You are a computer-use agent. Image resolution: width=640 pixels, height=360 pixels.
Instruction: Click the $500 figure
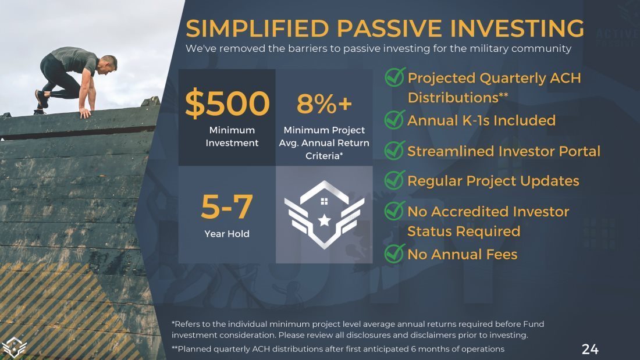pyautogui.click(x=227, y=104)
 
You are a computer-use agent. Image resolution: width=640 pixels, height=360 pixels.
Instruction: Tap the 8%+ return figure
pyautogui.click(x=324, y=104)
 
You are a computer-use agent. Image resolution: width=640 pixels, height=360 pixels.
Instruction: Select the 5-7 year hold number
pyautogui.click(x=226, y=206)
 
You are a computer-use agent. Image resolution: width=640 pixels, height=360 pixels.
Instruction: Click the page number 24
pyautogui.click(x=590, y=350)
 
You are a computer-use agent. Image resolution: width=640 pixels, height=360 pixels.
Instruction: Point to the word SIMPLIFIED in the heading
pyautogui.click(x=257, y=28)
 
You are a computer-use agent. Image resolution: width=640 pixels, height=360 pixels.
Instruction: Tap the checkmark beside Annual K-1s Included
pyautogui.click(x=394, y=120)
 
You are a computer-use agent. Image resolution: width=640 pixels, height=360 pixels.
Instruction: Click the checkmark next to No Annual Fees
pyautogui.click(x=394, y=254)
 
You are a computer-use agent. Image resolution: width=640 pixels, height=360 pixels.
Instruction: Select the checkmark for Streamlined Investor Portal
pyautogui.click(x=394, y=150)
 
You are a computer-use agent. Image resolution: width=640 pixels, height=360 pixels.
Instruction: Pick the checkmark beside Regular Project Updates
pyautogui.click(x=394, y=180)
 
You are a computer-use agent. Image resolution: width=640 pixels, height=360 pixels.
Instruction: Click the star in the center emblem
pyautogui.click(x=325, y=220)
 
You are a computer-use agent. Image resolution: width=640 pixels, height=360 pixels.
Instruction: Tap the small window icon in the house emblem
pyautogui.click(x=325, y=201)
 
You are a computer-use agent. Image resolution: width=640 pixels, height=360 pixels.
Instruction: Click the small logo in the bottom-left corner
pyautogui.click(x=13, y=347)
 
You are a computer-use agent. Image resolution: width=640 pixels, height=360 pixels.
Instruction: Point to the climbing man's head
pyautogui.click(x=109, y=63)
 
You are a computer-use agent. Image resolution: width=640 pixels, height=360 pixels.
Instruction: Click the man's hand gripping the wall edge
pyautogui.click(x=84, y=113)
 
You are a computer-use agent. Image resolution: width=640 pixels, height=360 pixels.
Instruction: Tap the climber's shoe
pyautogui.click(x=41, y=99)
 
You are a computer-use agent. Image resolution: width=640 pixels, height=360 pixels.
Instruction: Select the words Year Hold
pyautogui.click(x=227, y=234)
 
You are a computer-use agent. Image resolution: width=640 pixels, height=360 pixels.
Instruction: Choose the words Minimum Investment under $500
pyautogui.click(x=232, y=136)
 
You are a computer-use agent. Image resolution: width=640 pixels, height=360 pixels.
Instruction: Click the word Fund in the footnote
pyautogui.click(x=534, y=324)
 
